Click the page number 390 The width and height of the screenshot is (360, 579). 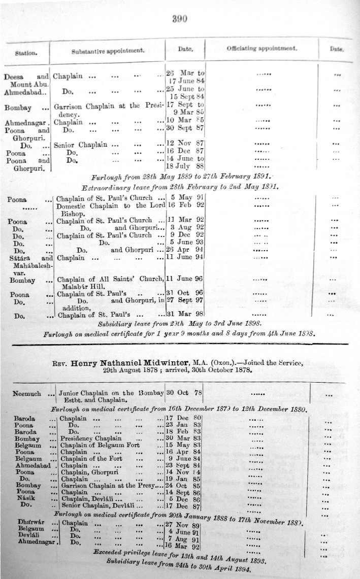point(180,19)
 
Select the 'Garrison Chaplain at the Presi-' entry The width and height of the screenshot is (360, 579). point(109,106)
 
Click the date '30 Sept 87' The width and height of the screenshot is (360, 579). point(185,128)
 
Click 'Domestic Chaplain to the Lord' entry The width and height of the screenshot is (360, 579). point(110,206)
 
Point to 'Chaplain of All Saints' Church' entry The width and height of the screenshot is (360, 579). point(110,279)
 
